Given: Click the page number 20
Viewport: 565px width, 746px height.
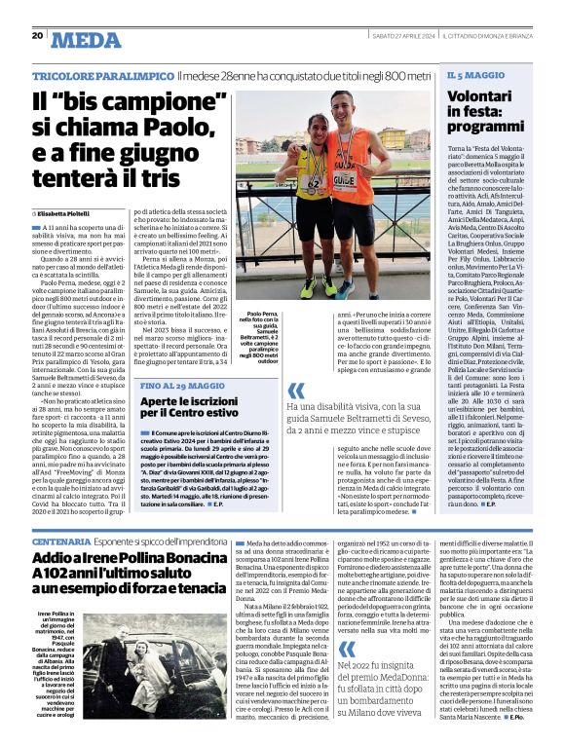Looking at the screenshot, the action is click(x=36, y=36).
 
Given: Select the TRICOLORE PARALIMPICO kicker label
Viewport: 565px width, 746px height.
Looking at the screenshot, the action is click(x=101, y=75).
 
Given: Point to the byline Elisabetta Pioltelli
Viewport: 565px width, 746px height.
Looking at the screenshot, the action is click(x=68, y=212).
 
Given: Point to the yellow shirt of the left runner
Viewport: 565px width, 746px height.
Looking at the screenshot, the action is click(x=314, y=170).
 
